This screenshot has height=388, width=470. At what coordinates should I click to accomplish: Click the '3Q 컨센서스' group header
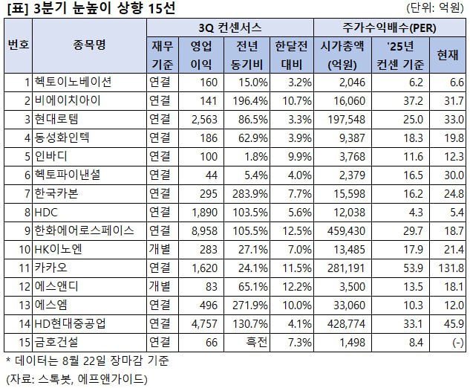229,28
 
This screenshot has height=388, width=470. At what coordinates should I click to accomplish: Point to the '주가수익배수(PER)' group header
391,28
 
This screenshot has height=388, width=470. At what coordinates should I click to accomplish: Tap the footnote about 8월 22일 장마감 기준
87,360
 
